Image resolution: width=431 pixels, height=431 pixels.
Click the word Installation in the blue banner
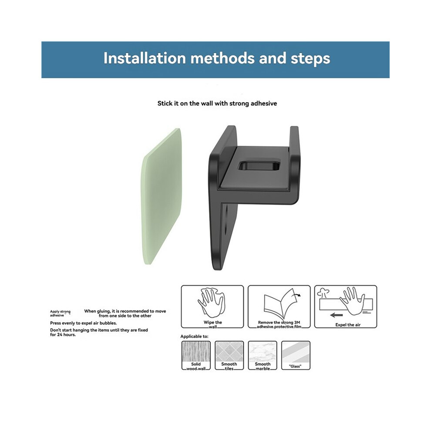click(145, 58)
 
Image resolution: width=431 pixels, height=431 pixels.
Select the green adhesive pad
click(162, 196)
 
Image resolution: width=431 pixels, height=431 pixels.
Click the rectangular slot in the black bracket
click(259, 166)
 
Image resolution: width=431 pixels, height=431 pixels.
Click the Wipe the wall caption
click(213, 325)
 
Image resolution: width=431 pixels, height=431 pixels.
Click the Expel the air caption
click(348, 325)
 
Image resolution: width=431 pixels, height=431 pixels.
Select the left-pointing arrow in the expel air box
click(336, 315)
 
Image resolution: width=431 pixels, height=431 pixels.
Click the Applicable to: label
click(194, 337)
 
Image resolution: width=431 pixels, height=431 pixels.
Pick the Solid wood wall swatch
click(196, 355)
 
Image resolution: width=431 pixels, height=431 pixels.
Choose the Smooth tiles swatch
click(229, 355)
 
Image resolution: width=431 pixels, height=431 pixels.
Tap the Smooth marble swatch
click(263, 355)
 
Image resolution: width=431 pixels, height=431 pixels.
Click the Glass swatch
click(296, 355)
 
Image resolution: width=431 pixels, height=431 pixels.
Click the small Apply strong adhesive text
click(60, 313)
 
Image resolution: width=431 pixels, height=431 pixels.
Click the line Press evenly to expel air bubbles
click(83, 323)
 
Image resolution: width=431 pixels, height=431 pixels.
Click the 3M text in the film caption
click(297, 323)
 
